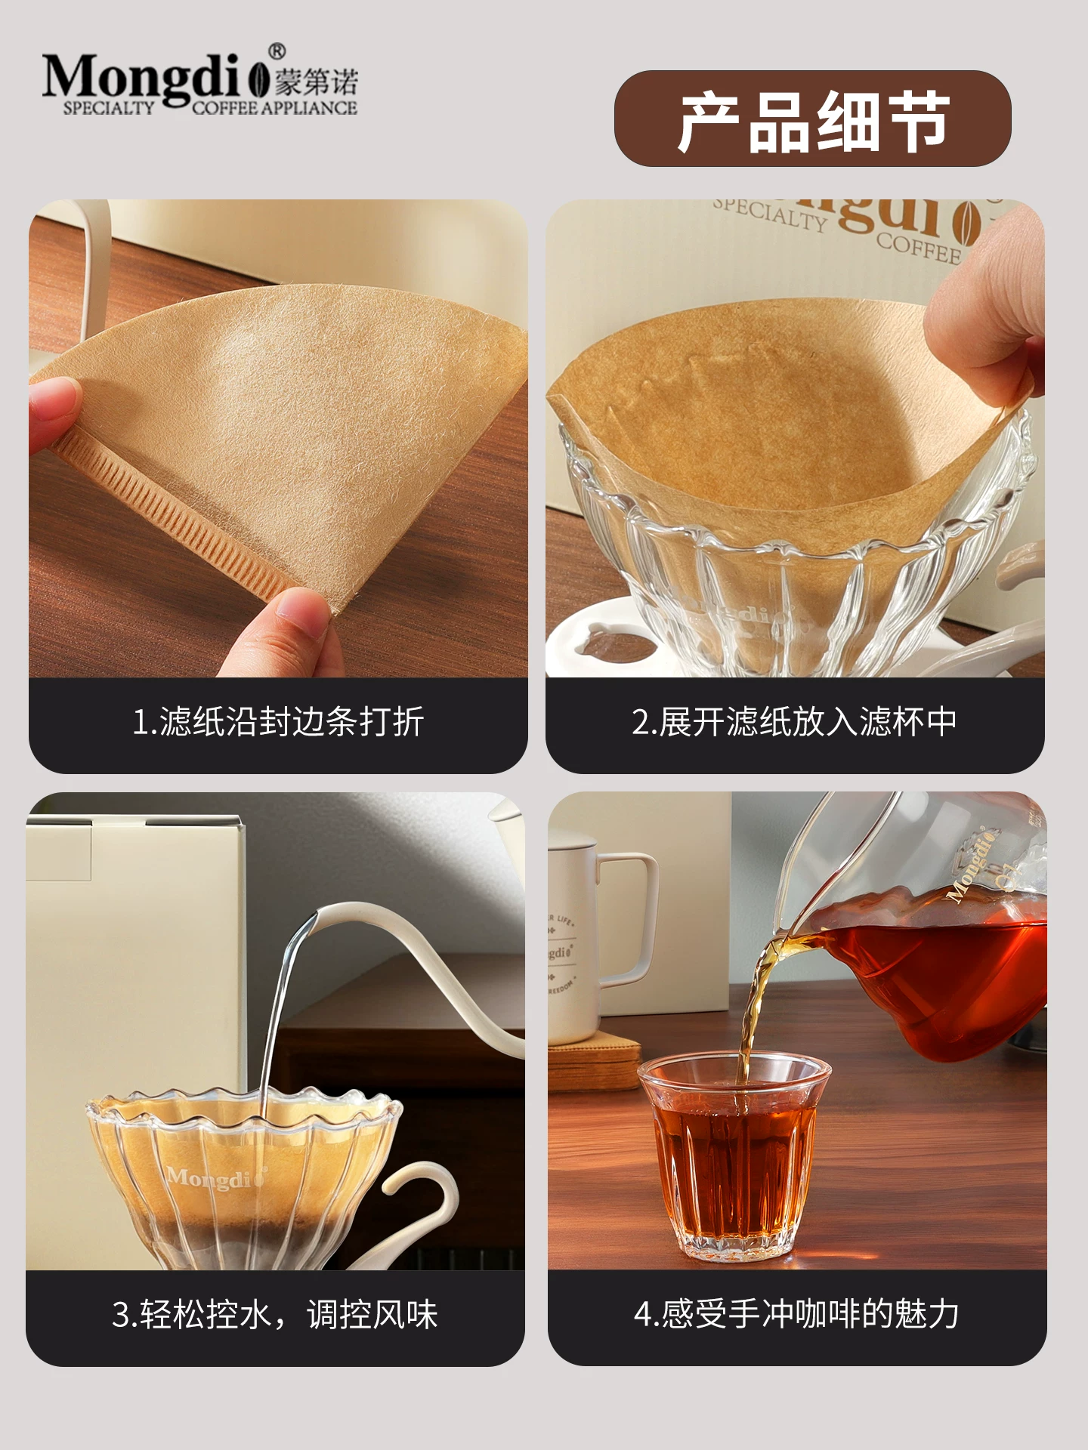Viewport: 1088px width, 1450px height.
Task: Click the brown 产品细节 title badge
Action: pyautogui.click(x=812, y=119)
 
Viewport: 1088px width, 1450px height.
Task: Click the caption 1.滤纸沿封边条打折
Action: pyautogui.click(x=277, y=722)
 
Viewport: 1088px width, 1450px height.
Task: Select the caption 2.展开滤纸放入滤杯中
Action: pyautogui.click(x=794, y=722)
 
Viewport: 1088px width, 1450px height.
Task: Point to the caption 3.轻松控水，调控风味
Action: pyautogui.click(x=275, y=1315)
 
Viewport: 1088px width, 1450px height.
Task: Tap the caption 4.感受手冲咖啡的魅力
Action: pyautogui.click(x=796, y=1315)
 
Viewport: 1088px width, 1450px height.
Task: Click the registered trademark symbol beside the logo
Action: pyautogui.click(x=277, y=51)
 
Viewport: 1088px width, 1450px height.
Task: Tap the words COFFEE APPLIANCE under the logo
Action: pyautogui.click(x=274, y=108)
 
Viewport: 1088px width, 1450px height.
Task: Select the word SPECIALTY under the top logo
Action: pyautogui.click(x=108, y=108)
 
